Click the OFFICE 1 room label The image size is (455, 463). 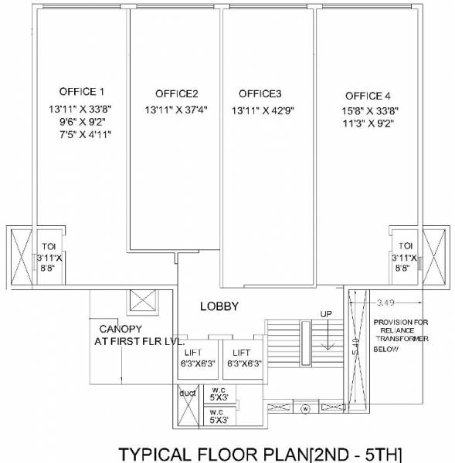pyautogui.click(x=81, y=91)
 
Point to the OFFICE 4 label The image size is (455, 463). pyautogui.click(x=368, y=96)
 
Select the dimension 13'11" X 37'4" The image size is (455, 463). pyautogui.click(x=176, y=110)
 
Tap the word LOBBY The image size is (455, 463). pyautogui.click(x=220, y=306)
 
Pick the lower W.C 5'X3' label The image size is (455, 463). pyautogui.click(x=219, y=417)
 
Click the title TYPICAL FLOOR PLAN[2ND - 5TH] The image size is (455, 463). pyautogui.click(x=259, y=452)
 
